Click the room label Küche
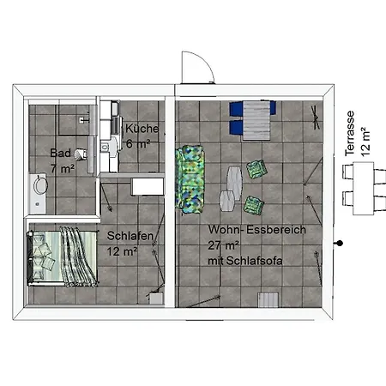click(142, 129)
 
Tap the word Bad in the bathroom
click(60, 153)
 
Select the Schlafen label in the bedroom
click(130, 236)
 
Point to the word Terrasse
click(350, 133)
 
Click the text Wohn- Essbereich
click(256, 230)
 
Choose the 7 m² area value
click(63, 168)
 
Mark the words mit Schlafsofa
click(245, 261)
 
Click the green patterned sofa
click(190, 179)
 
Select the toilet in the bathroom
click(81, 154)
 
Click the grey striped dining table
click(256, 120)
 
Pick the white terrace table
click(363, 188)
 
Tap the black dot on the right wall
click(340, 244)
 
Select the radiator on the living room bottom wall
click(268, 300)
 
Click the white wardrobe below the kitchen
click(148, 187)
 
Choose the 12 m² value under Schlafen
click(122, 251)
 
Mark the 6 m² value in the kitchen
click(138, 144)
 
